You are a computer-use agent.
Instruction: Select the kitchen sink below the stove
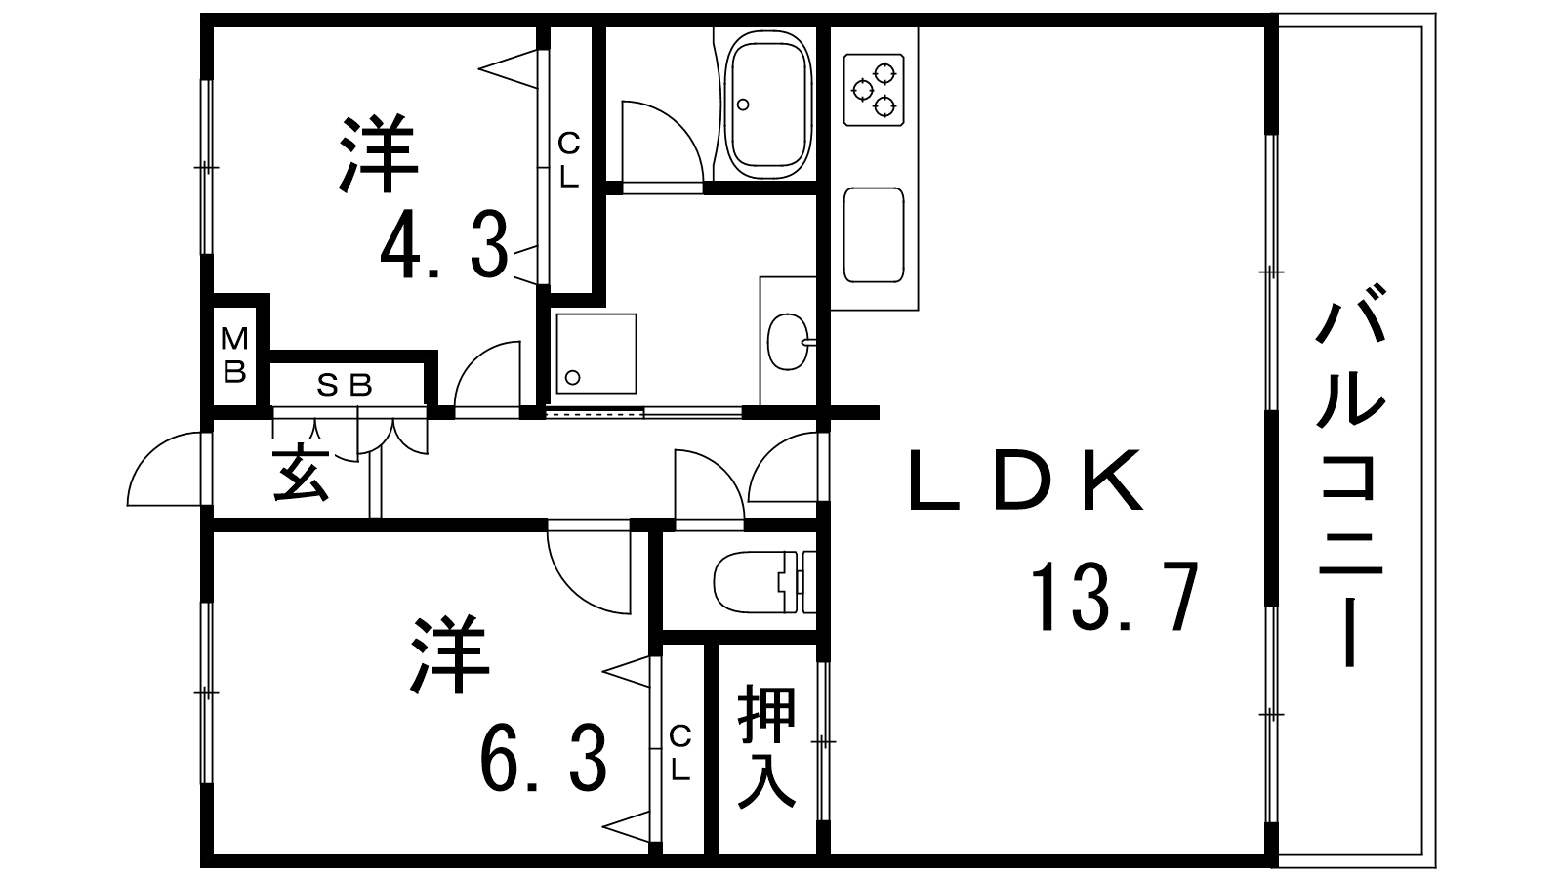coord(873,234)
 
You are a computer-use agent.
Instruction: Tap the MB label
coord(234,355)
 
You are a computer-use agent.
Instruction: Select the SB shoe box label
coord(345,386)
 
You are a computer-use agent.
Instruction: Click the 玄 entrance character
coord(300,472)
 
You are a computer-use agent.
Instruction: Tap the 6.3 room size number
coord(543,759)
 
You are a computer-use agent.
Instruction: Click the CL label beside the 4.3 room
coord(568,161)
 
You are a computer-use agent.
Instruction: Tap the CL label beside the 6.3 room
coord(680,752)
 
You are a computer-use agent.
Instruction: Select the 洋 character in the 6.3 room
coord(449,653)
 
